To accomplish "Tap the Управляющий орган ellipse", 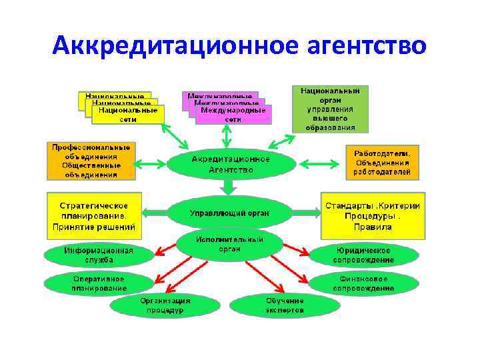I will click(x=230, y=213).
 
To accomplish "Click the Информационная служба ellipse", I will click(x=98, y=255).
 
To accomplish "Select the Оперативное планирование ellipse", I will click(x=99, y=283).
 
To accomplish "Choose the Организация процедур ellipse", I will click(x=165, y=305).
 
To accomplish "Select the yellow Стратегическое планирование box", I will click(x=93, y=216).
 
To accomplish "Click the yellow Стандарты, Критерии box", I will click(x=373, y=216).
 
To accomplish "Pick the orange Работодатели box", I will click(x=383, y=163).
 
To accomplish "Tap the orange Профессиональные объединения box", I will click(x=91, y=161).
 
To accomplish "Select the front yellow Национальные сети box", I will click(x=127, y=115).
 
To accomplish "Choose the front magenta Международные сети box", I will click(x=233, y=115).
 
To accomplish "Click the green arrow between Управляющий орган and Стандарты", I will click(x=306, y=213).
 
